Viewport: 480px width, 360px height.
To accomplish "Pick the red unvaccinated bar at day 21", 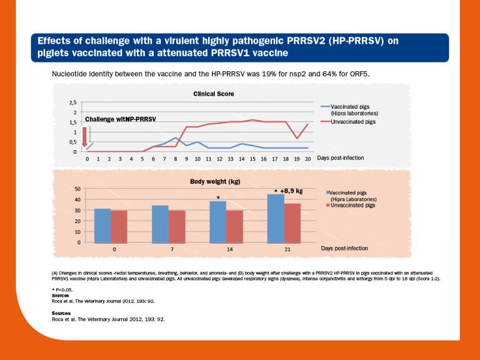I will click(292, 222).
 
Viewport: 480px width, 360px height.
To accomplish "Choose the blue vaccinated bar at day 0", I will click(102, 225).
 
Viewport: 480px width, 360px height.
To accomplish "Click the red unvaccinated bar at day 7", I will click(177, 226).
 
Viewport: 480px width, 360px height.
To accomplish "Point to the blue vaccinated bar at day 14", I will click(218, 221).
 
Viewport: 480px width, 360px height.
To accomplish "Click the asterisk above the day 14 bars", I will click(218, 197).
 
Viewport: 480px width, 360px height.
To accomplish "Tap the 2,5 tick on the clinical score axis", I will click(73, 102).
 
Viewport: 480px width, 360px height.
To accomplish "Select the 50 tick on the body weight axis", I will click(77, 189).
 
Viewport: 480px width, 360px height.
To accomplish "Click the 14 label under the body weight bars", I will click(226, 249).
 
